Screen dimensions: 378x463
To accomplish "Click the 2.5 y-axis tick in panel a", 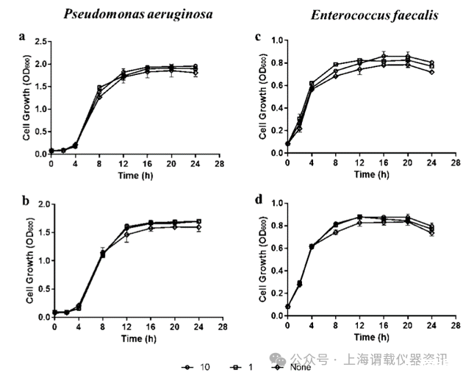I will pyautogui.click(x=40, y=41).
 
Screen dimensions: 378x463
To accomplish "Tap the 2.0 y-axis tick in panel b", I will pyautogui.click(x=40, y=204).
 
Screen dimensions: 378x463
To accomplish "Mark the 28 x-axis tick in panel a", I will pyautogui.click(x=218, y=163).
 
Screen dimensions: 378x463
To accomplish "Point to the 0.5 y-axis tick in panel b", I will pyautogui.click(x=40, y=288).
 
